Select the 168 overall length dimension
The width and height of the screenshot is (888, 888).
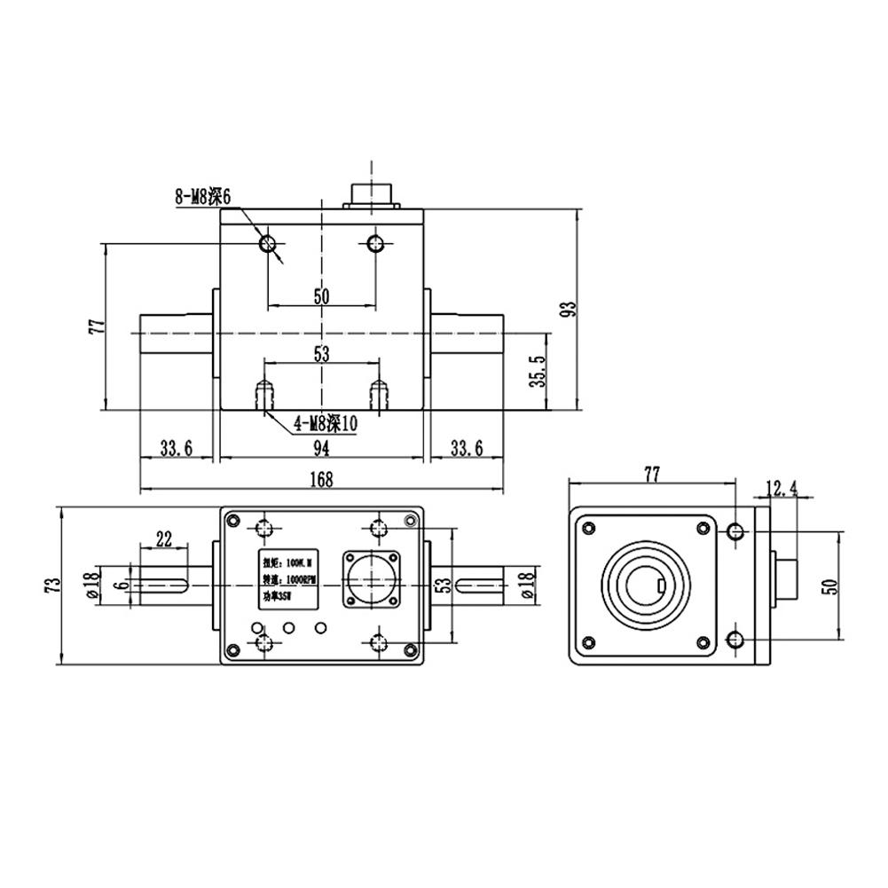coord(321,480)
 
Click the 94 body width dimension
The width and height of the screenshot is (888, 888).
coord(321,449)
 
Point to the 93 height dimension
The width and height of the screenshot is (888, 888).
coord(570,309)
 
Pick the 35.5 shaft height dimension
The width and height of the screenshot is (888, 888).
coord(535,373)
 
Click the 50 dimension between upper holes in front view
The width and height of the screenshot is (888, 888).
coord(321,296)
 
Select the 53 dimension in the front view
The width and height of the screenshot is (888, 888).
coord(321,354)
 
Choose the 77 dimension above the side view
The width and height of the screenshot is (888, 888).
coord(651,475)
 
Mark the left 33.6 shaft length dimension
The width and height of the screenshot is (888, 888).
coord(176,449)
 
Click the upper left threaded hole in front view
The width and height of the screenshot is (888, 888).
coord(268,243)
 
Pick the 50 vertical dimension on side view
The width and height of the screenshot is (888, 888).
coord(830,585)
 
